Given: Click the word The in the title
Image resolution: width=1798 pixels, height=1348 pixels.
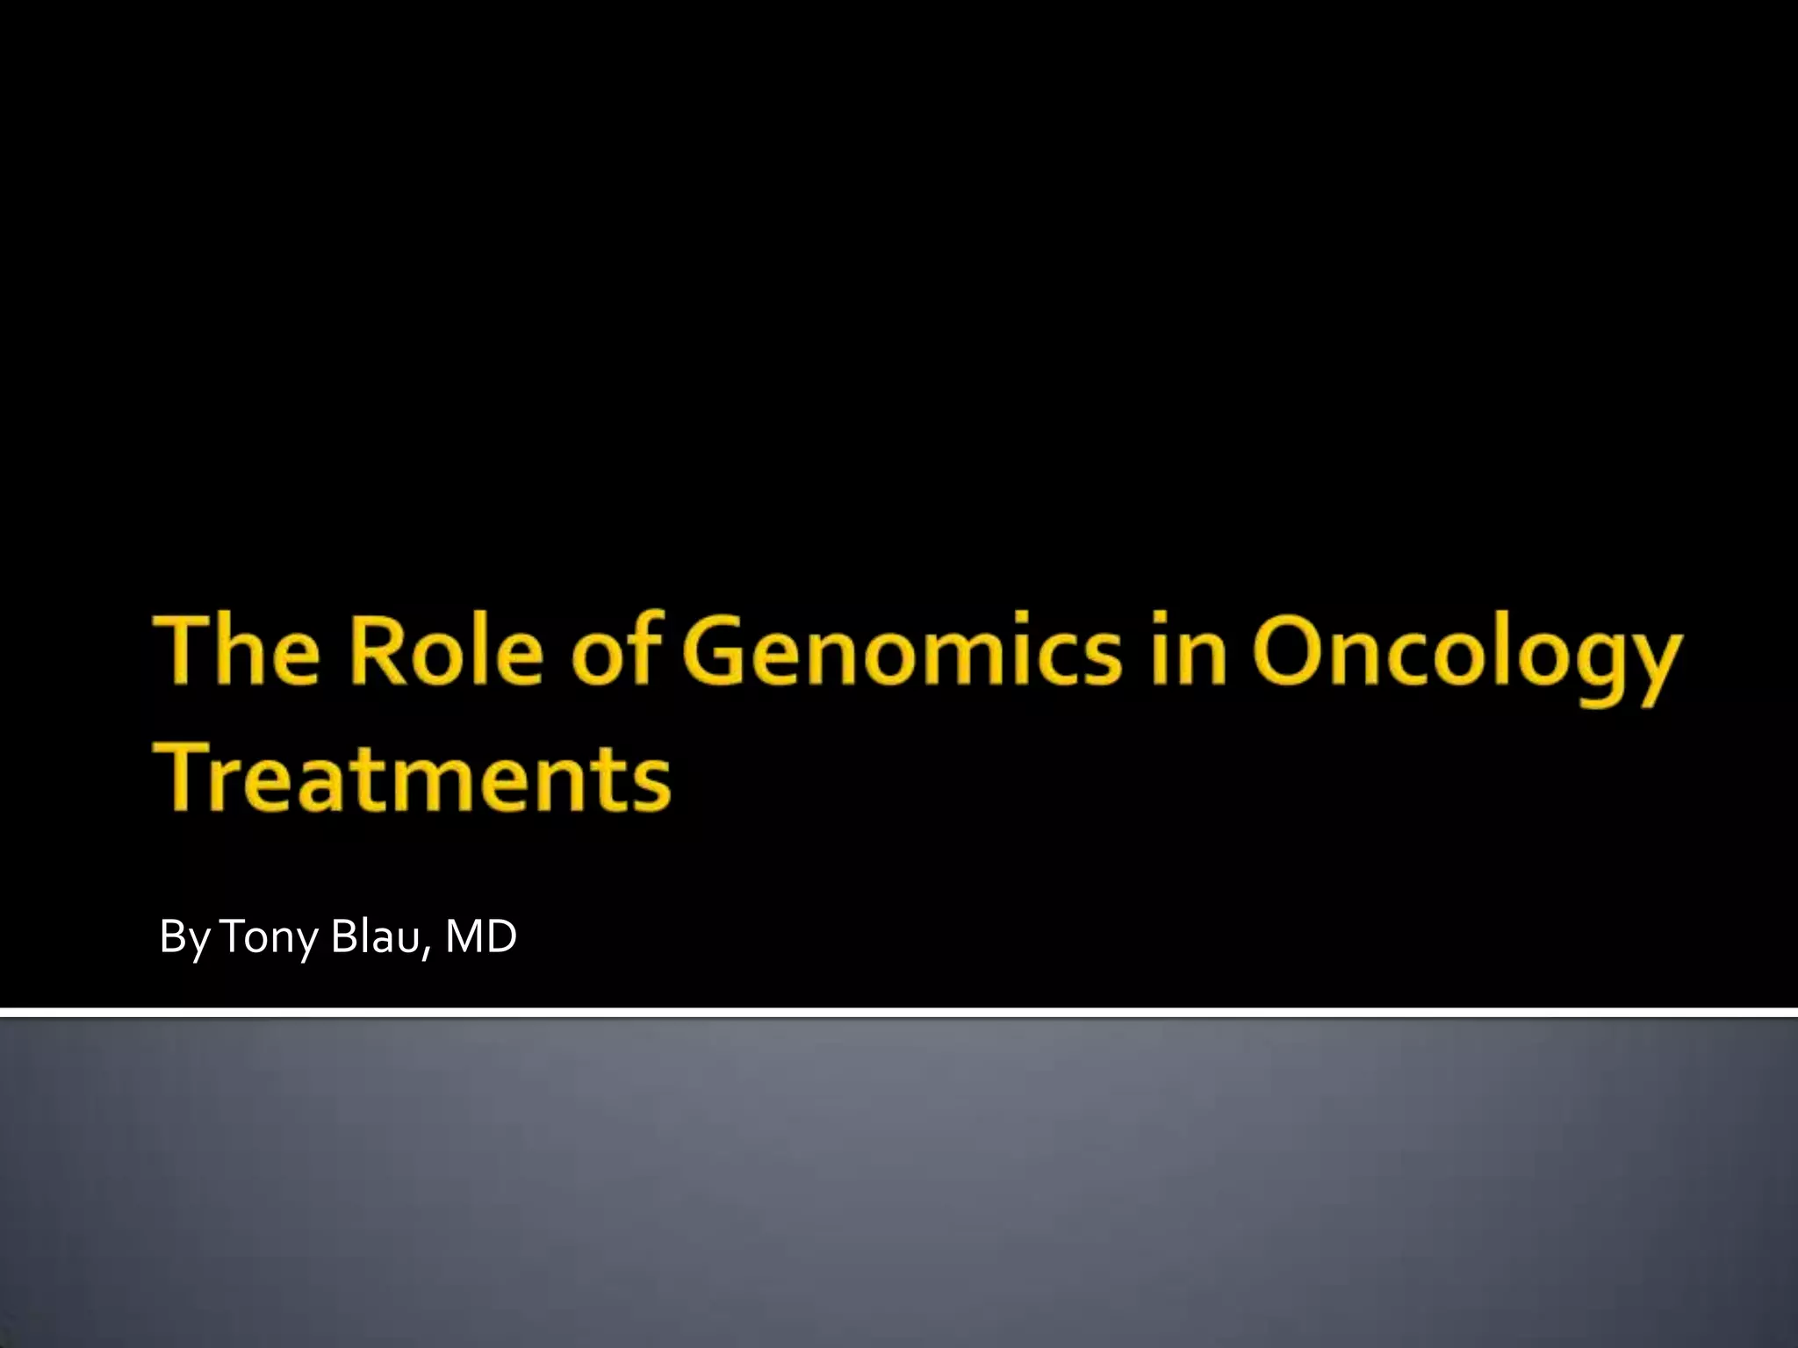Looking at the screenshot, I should point(237,652).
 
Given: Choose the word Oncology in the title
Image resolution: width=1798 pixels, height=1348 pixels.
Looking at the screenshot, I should point(1467,658).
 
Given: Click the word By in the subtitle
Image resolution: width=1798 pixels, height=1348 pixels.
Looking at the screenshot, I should point(184,938).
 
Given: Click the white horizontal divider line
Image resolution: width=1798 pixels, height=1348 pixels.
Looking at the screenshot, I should point(899,1013).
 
